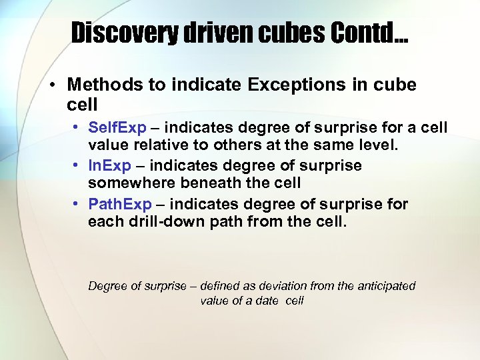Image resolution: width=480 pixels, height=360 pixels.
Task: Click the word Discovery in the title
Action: coord(123,33)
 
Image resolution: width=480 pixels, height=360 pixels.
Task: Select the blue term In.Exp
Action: coord(109,165)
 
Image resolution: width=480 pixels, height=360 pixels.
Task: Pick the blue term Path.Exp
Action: coord(120,204)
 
